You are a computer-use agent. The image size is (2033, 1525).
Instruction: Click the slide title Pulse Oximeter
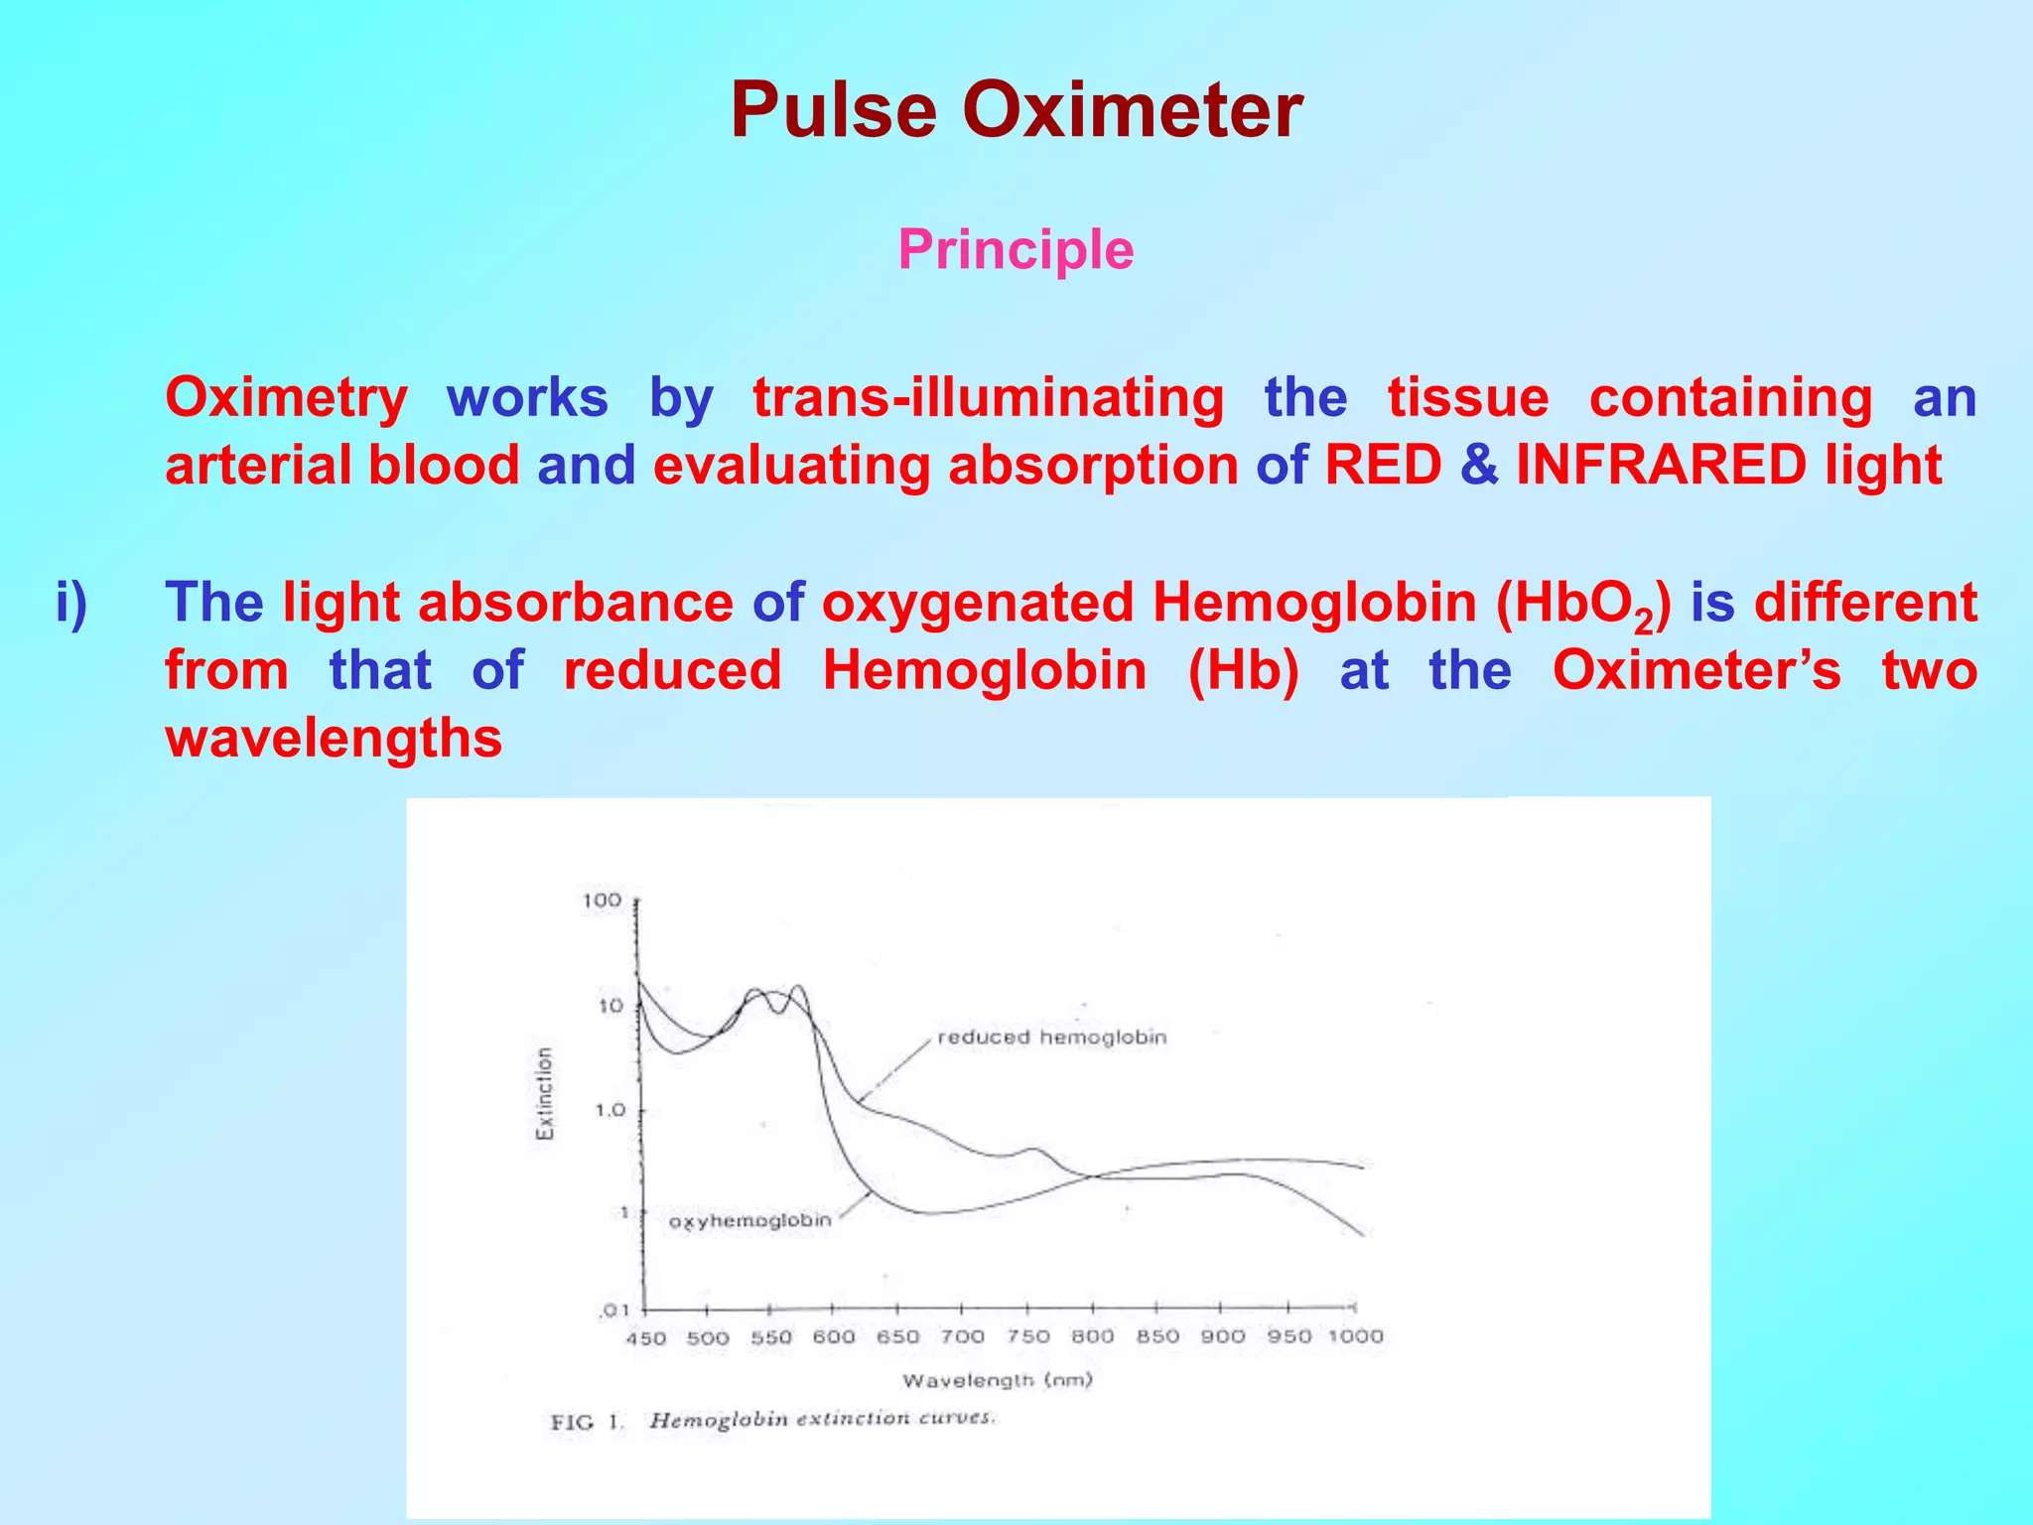tap(1016, 110)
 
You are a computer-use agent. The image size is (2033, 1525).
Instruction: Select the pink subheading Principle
tap(1016, 249)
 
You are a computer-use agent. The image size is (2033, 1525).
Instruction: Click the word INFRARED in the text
tap(1661, 465)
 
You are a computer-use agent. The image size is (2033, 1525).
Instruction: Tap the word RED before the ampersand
tap(1383, 465)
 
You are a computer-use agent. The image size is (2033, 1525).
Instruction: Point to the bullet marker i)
tap(72, 603)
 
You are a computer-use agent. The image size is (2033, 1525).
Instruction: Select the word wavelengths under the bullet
tap(334, 738)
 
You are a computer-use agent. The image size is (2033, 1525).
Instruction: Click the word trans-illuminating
tap(989, 397)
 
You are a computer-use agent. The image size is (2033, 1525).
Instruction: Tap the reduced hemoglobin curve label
tap(1051, 1038)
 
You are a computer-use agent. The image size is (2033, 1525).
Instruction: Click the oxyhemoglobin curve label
tap(749, 1220)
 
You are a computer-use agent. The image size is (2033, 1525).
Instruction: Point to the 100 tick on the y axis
tap(602, 901)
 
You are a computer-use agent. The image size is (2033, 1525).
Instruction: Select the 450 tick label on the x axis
tap(645, 1338)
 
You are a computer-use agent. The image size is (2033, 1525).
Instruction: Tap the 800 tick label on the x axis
tap(1092, 1336)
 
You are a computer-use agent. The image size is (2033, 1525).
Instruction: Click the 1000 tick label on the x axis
tap(1355, 1336)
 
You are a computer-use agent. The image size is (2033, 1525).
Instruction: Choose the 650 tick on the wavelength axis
tap(897, 1337)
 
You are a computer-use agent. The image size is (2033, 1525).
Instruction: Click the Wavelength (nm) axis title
tap(997, 1380)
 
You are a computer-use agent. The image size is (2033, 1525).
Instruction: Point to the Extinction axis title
tap(545, 1093)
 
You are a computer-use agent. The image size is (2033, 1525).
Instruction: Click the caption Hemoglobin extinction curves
tap(821, 1419)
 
